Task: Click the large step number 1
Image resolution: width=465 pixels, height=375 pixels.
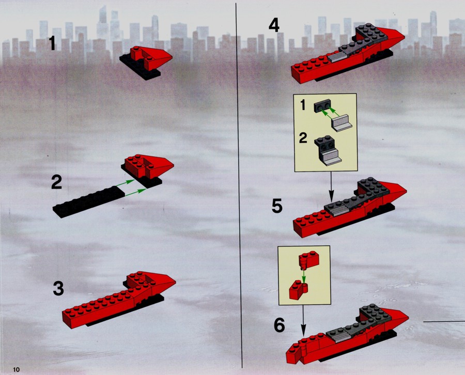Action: [x=53, y=43]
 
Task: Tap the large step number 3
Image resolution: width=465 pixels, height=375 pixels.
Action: [x=58, y=288]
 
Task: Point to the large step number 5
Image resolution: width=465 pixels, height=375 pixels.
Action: [x=277, y=206]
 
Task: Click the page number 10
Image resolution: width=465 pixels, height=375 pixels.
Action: [x=16, y=370]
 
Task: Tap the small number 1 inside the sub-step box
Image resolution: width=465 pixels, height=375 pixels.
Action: [x=303, y=105]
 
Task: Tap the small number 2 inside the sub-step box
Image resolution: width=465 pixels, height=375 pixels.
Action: [x=303, y=138]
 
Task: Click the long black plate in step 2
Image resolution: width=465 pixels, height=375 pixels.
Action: [x=89, y=202]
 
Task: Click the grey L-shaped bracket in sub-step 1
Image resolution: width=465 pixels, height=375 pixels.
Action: [x=342, y=123]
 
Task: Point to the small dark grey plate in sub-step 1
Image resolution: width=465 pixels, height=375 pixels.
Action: [x=322, y=106]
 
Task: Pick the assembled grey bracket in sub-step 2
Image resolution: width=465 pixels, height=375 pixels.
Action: [x=328, y=151]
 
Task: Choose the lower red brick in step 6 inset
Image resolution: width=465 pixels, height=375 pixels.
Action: [x=298, y=290]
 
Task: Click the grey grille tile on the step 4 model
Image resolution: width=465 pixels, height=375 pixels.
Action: [x=337, y=56]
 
